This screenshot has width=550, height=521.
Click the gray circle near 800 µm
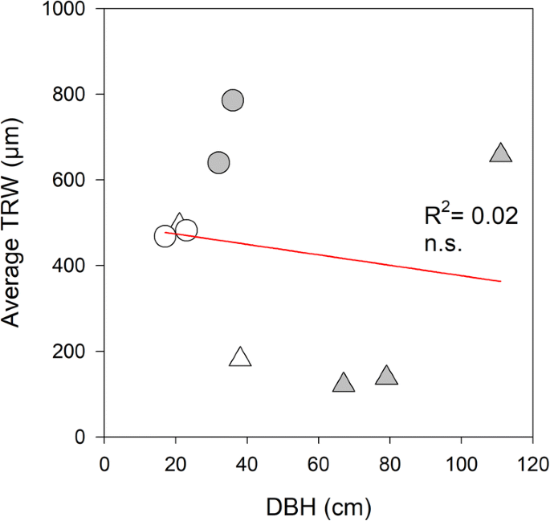tap(233, 100)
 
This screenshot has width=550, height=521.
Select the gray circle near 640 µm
tap(218, 163)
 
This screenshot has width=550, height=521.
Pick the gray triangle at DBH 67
tap(344, 383)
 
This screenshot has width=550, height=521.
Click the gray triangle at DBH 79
tap(386, 376)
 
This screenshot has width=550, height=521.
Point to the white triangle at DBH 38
tap(240, 357)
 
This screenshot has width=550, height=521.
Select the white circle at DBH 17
tap(165, 237)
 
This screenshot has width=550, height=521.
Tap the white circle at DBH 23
tap(186, 230)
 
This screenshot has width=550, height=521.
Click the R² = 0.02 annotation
tap(471, 216)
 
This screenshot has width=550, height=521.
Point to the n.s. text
tap(442, 244)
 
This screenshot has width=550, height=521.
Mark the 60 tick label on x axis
tap(319, 466)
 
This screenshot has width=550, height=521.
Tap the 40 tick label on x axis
tap(247, 466)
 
